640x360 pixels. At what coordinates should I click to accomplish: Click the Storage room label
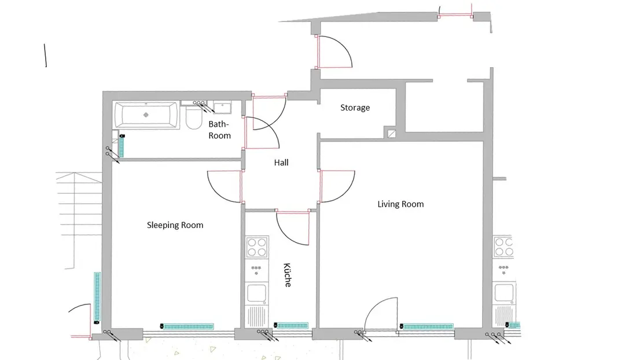coord(355,108)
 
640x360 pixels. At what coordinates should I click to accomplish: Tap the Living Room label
coord(400,204)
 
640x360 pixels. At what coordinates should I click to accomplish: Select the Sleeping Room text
coord(175,225)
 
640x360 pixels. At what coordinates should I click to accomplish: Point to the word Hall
coord(281,163)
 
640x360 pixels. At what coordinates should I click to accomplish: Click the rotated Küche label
coord(288,275)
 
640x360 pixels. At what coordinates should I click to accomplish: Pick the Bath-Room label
coord(219,130)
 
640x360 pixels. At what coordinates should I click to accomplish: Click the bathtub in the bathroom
coord(146,115)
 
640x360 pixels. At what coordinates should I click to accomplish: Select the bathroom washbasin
coord(222,108)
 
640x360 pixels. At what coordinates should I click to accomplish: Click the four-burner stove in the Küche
coord(257,247)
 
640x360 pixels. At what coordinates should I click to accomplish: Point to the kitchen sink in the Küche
coord(257,293)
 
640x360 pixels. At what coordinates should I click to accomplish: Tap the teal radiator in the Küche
coord(291,325)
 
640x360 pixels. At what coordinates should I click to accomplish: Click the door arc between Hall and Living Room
coord(345,194)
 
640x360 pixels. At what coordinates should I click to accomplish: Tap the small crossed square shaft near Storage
coord(391,134)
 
